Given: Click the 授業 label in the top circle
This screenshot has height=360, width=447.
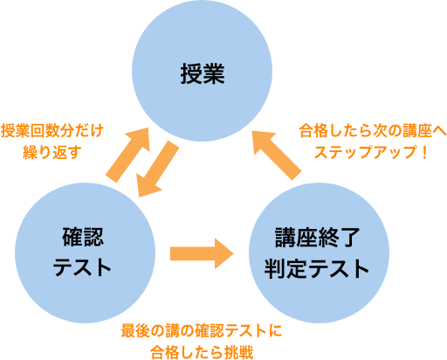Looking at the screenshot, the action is tap(203, 73).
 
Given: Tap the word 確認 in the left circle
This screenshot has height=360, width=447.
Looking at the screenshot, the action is tap(83, 237).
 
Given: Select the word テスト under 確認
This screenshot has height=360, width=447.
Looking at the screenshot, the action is tap(82, 267).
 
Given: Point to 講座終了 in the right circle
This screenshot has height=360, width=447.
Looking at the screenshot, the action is tap(318, 238).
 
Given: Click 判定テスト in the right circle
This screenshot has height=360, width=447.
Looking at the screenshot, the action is tap(317, 267).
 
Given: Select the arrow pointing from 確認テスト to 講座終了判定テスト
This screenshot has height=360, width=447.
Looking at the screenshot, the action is tap(202, 253).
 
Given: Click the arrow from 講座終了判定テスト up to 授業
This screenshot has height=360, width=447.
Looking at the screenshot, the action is tap(277, 156).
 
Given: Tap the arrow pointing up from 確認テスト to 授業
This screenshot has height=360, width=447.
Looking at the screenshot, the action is tap(128, 155).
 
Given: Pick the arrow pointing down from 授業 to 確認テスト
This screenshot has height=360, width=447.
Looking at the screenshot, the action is tap(157, 169).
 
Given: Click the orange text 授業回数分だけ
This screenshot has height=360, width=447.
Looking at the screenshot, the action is tap(52, 131).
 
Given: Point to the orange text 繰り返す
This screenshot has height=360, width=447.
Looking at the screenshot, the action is tap(52, 152).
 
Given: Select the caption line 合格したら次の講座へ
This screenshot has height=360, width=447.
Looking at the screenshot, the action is tap(373, 131).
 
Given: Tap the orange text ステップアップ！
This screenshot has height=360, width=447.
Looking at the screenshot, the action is tap(371, 152).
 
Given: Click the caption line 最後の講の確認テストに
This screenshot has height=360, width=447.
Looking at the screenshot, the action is tap(202, 330).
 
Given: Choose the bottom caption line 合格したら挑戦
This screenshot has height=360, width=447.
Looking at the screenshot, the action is tap(202, 352).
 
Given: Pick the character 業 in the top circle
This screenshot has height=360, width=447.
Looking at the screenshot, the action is tap(214, 73).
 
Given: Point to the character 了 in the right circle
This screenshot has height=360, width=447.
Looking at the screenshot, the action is tap(350, 238).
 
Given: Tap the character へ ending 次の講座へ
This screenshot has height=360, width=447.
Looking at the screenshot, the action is tap(439, 131).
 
